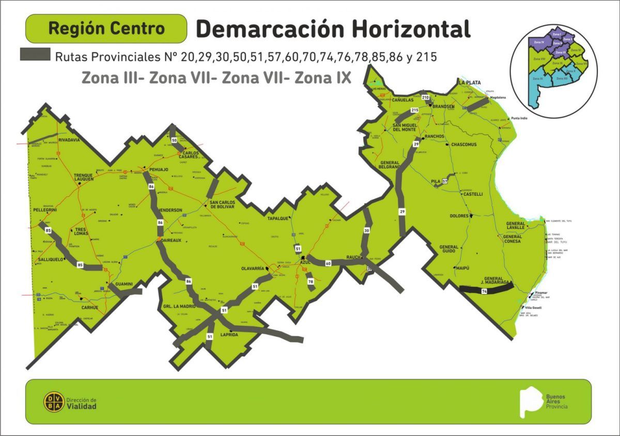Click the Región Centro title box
(106, 28)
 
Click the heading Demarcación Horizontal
(333, 29)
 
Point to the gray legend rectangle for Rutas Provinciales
(35, 54)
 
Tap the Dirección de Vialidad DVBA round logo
(54, 402)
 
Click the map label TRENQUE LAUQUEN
(83, 177)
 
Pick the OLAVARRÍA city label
(253, 269)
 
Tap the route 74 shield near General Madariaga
(484, 292)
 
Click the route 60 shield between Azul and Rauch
(328, 263)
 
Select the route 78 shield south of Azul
(311, 282)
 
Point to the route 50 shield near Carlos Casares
(174, 140)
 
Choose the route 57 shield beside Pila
(444, 182)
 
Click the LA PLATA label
(469, 83)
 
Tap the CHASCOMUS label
(463, 145)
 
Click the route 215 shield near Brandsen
(414, 110)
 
